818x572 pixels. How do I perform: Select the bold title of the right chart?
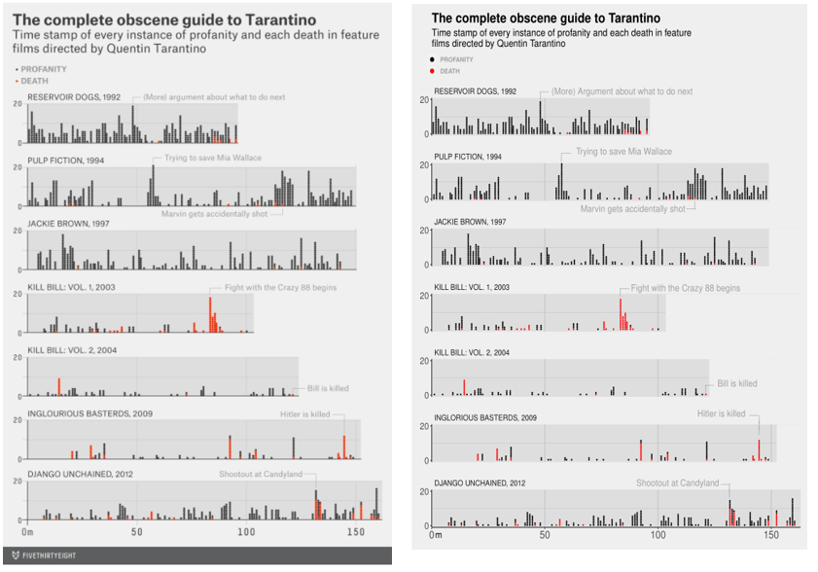click(x=546, y=18)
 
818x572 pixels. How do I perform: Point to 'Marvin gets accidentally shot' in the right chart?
click(x=632, y=208)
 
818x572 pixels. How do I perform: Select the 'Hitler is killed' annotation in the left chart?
click(x=305, y=413)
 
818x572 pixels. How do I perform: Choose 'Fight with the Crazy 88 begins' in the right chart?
click(x=685, y=288)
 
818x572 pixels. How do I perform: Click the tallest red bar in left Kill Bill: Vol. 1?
click(x=210, y=314)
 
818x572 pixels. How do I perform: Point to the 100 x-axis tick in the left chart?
click(x=246, y=532)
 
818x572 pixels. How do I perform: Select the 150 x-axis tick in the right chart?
click(x=770, y=536)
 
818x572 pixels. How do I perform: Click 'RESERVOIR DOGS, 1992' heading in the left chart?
click(x=74, y=97)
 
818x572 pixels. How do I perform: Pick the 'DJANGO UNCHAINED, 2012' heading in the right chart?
click(x=480, y=483)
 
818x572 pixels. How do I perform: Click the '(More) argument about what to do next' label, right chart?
click(x=622, y=91)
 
